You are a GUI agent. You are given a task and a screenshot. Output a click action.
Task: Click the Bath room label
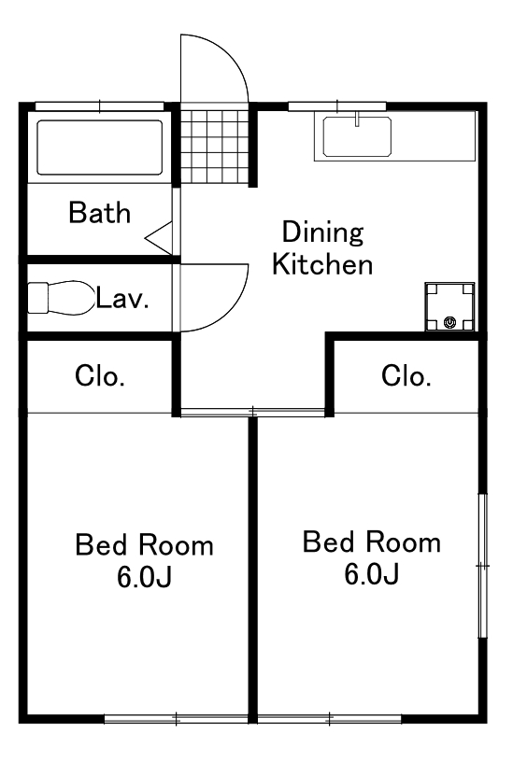point(100,213)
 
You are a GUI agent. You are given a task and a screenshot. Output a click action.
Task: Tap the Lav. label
point(122,298)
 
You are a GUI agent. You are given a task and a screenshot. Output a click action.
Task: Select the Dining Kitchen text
point(322,248)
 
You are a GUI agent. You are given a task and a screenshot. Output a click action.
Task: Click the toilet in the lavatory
point(61,297)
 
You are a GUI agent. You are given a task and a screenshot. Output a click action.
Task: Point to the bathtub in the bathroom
point(99,148)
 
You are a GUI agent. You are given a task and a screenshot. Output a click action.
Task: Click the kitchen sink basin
point(357,136)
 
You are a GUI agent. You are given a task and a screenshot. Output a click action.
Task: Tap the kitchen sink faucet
point(357,119)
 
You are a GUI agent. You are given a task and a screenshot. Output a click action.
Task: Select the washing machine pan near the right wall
point(449,307)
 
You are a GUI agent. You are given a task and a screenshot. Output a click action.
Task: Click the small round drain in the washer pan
point(450,321)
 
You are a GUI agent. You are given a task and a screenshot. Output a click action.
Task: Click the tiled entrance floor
point(214,147)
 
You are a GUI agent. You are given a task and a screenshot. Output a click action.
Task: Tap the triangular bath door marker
point(159,237)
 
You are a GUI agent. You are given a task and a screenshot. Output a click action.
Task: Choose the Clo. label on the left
point(100,376)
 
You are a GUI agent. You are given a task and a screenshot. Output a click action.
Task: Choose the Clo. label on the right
point(406,376)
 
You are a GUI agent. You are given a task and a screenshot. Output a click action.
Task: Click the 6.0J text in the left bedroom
point(145,576)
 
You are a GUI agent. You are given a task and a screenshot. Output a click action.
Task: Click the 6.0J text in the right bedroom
point(372,574)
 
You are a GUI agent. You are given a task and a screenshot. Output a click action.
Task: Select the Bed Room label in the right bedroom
point(372,542)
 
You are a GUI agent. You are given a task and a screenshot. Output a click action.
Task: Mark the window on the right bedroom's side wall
point(482,566)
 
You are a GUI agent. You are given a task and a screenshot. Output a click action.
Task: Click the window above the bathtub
point(100,106)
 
